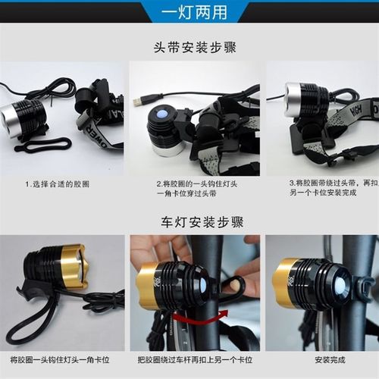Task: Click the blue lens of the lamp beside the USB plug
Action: click(x=160, y=114)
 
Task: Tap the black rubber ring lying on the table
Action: click(x=42, y=144)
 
